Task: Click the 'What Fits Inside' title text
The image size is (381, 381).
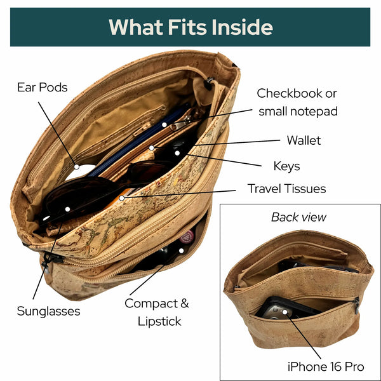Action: point(190,27)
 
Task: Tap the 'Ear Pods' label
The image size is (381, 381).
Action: point(43,88)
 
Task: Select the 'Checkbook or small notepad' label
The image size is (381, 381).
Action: point(297,102)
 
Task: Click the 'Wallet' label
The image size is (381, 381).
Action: point(304,140)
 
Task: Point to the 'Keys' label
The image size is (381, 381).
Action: point(287,166)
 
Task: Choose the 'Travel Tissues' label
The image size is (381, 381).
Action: point(287,189)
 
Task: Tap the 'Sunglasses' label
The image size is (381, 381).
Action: point(49,311)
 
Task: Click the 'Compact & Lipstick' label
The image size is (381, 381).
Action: point(157,312)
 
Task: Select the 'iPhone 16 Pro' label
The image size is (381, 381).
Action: point(326,366)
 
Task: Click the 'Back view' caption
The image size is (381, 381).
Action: point(298,217)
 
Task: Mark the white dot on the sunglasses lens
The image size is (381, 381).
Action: point(67,209)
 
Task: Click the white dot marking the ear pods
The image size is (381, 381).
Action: point(77,167)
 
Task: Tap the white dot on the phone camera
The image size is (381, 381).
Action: point(284,312)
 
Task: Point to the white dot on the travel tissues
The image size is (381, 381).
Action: point(122,198)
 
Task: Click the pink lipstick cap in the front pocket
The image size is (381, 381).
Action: point(187,236)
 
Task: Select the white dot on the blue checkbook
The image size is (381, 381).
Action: point(164,124)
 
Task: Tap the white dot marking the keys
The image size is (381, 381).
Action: point(177,153)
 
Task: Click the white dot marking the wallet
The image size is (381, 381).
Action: point(152,148)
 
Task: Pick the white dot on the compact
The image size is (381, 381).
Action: point(181,251)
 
